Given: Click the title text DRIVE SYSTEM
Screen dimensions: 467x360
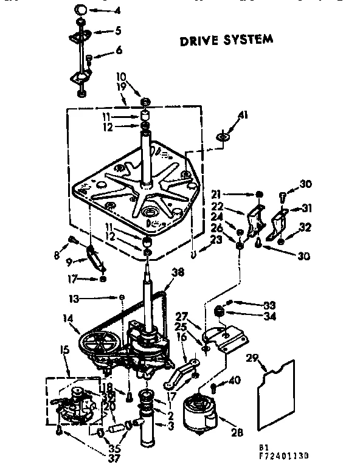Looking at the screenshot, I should (226, 41).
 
